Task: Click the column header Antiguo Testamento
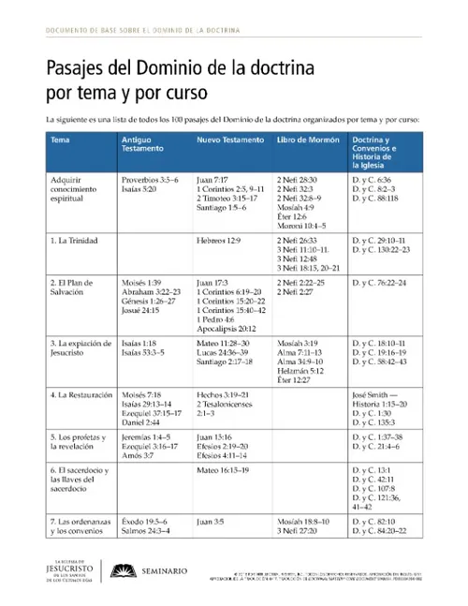coord(143,144)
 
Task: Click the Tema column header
coord(59,139)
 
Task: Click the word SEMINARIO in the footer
coord(164,570)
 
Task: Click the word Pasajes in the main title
coord(72,68)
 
